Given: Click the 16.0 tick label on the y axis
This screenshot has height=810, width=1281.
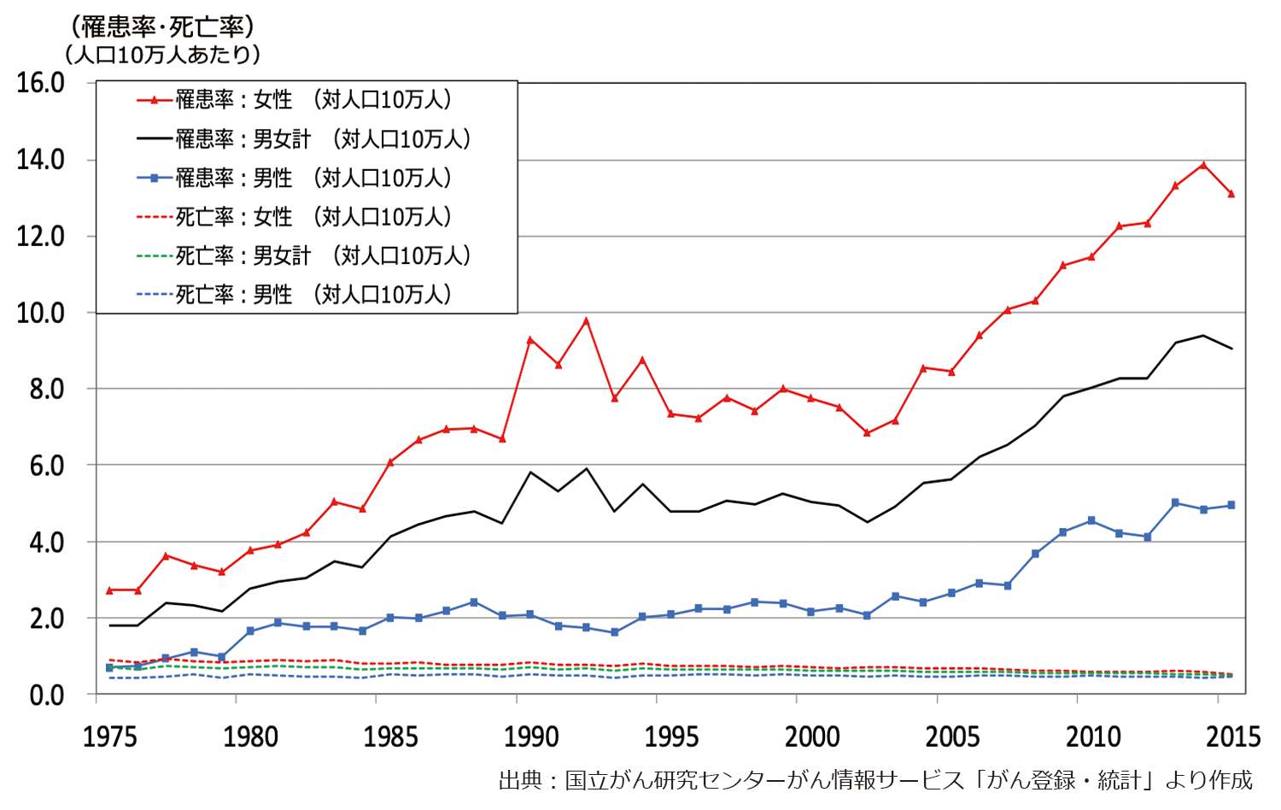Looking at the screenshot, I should [x=40, y=83].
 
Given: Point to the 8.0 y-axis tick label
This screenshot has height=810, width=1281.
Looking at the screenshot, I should [x=40, y=390].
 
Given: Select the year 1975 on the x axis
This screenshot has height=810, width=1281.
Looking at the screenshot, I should [x=109, y=737].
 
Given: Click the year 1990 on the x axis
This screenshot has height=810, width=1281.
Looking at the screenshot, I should [x=531, y=737].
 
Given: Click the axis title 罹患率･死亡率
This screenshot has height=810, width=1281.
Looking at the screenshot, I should [x=162, y=27].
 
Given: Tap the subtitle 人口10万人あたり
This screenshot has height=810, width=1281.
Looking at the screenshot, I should [x=162, y=55].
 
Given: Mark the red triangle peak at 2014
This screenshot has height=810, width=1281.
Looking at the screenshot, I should [x=1203, y=165].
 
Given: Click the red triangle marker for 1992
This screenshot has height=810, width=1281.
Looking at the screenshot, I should [x=586, y=321].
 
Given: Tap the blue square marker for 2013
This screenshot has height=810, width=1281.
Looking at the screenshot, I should [x=1175, y=503].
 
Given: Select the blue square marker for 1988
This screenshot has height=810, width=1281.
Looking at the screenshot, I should [x=474, y=602].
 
